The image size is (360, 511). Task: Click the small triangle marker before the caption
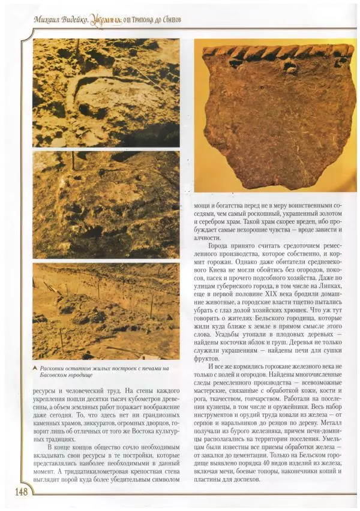point(36,368)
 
